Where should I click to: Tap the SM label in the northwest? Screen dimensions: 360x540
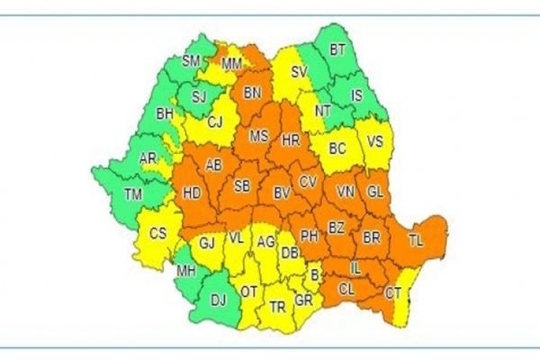point(191,60)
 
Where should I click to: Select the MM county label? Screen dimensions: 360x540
point(231,64)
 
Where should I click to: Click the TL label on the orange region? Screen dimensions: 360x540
point(416,239)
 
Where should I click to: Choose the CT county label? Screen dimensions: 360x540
point(393,293)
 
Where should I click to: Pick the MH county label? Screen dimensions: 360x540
point(186,272)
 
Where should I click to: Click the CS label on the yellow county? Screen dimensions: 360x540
point(157,234)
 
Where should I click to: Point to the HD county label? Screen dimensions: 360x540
point(192,192)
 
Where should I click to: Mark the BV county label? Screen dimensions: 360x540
point(282,193)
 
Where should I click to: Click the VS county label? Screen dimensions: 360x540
point(375,140)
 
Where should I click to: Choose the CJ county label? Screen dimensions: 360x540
point(216,121)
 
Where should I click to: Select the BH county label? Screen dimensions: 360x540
point(165,114)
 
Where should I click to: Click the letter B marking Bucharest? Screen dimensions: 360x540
point(314,275)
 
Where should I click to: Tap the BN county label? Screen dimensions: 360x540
point(253,92)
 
